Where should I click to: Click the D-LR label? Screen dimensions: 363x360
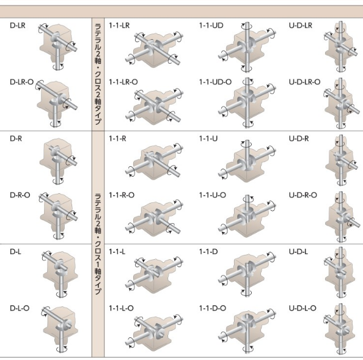pos(18,25)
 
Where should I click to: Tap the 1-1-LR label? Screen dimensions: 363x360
pos(119,25)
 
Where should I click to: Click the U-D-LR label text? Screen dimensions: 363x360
pos(301,25)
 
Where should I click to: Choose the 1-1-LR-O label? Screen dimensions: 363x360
pos(123,82)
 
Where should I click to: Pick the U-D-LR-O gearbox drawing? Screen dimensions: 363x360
pos(342,103)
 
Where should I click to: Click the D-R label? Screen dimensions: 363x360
pos(16,139)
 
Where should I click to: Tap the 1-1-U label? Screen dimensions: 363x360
pos(208,139)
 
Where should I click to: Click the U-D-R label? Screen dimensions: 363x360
pos(299,139)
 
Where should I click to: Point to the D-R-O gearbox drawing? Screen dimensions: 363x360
pos(58,216)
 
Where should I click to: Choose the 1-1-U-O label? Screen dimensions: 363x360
pos(213,195)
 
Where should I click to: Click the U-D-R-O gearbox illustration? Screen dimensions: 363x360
pos(343,217)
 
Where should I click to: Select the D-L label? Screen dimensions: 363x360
pos(15,252)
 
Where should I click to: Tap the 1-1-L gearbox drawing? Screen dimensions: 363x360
pos(154,274)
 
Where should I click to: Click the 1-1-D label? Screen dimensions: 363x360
pos(208,252)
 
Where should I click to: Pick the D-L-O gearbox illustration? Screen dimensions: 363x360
pos(60,329)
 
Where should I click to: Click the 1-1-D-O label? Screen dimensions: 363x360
pos(213,309)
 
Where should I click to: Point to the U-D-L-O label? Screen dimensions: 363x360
pos(302,309)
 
